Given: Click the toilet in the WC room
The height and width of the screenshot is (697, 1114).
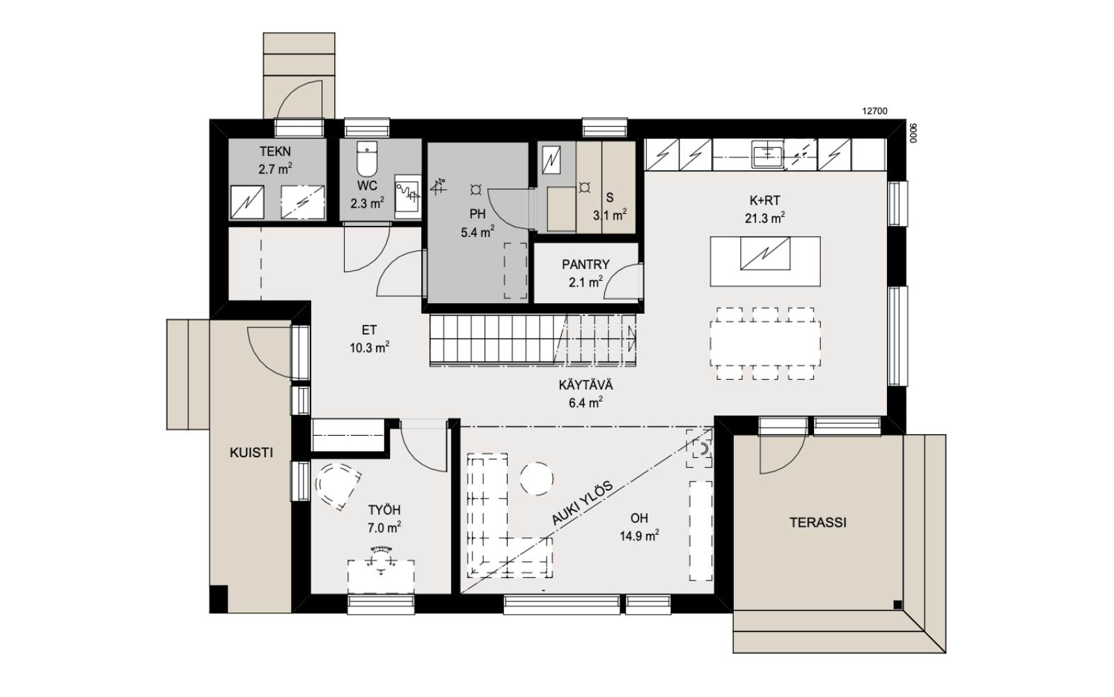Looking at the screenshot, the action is pyautogui.click(x=367, y=159).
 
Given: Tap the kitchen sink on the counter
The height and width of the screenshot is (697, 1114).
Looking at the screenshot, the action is pyautogui.click(x=767, y=154).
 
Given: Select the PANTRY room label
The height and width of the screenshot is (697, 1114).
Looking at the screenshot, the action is pyautogui.click(x=586, y=264).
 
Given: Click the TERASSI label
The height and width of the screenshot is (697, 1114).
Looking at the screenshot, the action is pyautogui.click(x=818, y=523).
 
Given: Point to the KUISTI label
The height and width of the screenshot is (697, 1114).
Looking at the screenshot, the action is pyautogui.click(x=251, y=452).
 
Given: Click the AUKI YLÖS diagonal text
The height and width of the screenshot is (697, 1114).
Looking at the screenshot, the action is pyautogui.click(x=582, y=503).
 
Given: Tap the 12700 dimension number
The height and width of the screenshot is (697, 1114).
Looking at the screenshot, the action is pyautogui.click(x=874, y=112).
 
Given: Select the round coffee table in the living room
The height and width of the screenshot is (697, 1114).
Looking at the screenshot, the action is pyautogui.click(x=537, y=478).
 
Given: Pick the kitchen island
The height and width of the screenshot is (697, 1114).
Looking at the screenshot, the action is pyautogui.click(x=765, y=261).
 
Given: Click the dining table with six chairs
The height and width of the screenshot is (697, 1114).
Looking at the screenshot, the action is pyautogui.click(x=765, y=344).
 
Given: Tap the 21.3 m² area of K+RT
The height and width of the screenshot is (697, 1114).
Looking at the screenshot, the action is pyautogui.click(x=765, y=218).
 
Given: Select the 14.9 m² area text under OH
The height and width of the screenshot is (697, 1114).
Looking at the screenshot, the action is pyautogui.click(x=640, y=536).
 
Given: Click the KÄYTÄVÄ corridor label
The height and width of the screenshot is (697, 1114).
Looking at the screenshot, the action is pyautogui.click(x=586, y=385).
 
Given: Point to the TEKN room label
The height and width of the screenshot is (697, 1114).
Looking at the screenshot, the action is pyautogui.click(x=275, y=151).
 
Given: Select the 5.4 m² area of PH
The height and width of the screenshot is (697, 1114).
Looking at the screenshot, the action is pyautogui.click(x=478, y=232).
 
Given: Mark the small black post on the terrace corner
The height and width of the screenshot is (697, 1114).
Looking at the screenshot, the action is pyautogui.click(x=897, y=605).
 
